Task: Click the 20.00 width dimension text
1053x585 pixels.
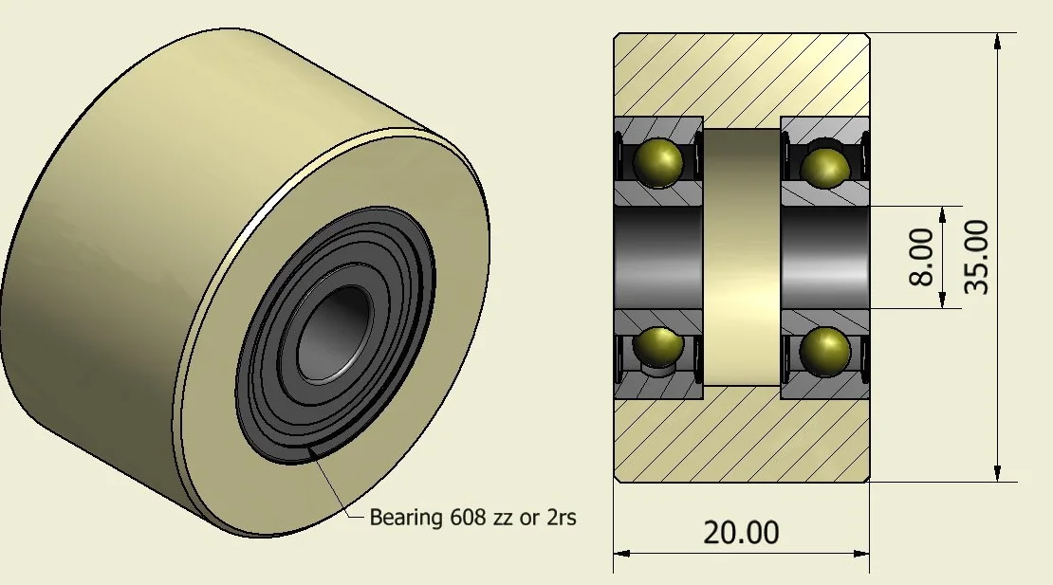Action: [x=741, y=532]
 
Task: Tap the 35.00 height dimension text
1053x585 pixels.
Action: [x=977, y=257]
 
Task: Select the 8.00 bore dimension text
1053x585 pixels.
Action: [x=921, y=257]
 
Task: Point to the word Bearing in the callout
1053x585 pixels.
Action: [x=406, y=518]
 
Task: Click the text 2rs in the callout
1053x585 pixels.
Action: [x=561, y=518]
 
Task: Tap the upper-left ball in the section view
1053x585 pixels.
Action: [x=658, y=162]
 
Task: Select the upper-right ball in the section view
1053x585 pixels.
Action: [x=824, y=165]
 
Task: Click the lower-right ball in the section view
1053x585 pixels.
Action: [x=824, y=350]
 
